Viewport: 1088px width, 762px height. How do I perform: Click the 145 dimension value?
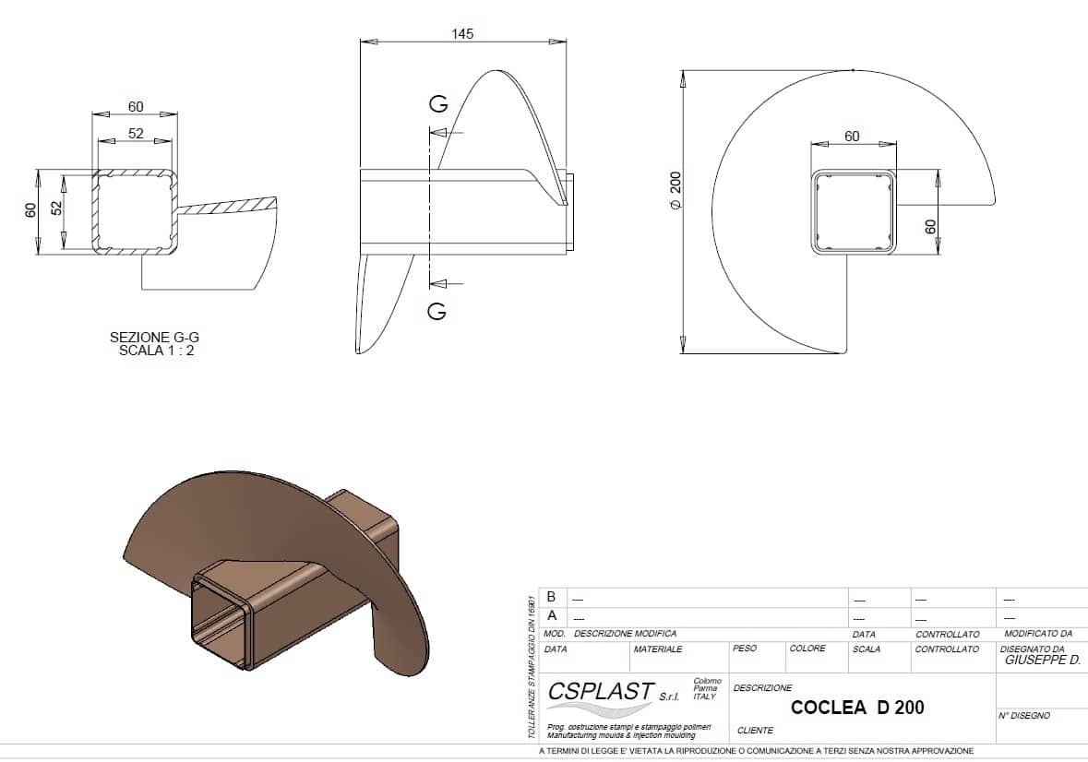pyautogui.click(x=462, y=34)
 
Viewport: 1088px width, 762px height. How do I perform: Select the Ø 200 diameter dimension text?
pyautogui.click(x=676, y=191)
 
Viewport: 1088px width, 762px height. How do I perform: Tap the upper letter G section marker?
pyautogui.click(x=438, y=104)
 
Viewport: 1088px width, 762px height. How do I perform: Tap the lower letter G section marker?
pyautogui.click(x=437, y=311)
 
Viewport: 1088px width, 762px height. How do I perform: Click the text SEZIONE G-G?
pyautogui.click(x=154, y=337)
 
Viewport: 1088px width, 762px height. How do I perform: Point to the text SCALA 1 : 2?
pyautogui.click(x=156, y=351)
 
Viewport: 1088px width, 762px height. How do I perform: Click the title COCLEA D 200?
pyautogui.click(x=857, y=708)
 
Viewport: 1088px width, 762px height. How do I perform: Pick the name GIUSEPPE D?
pyautogui.click(x=1043, y=661)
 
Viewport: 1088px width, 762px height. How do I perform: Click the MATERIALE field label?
pyautogui.click(x=658, y=649)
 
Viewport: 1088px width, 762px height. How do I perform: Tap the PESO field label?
pyautogui.click(x=745, y=649)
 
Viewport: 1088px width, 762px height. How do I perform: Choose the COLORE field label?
pyautogui.click(x=807, y=649)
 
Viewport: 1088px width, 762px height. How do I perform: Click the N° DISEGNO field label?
pyautogui.click(x=1025, y=716)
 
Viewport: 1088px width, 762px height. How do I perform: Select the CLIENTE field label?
pyautogui.click(x=755, y=730)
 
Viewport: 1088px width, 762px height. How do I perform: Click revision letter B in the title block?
pyautogui.click(x=552, y=597)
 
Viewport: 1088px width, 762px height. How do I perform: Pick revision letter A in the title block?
pyautogui.click(x=552, y=615)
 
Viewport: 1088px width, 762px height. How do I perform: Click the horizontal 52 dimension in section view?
pyautogui.click(x=136, y=133)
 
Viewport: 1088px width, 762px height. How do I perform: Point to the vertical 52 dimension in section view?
pyautogui.click(x=57, y=208)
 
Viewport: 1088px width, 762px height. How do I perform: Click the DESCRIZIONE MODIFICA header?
pyautogui.click(x=625, y=634)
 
